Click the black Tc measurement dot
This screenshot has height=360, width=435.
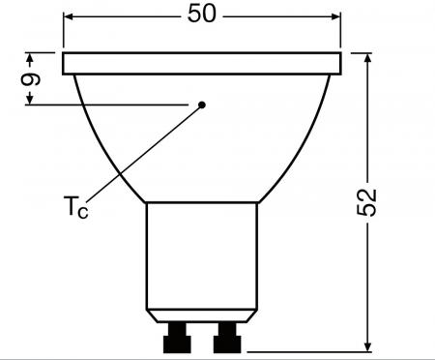tap(203, 104)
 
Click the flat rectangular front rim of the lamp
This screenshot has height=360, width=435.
tap(202, 64)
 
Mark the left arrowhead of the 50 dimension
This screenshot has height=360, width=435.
tap(69, 16)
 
